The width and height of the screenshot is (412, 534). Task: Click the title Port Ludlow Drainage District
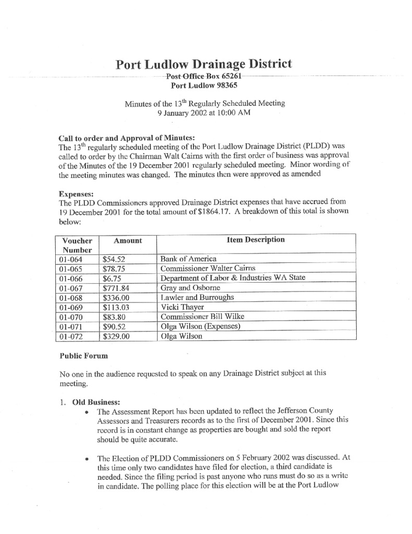(x=204, y=65)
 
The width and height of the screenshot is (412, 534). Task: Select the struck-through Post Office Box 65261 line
(x=204, y=76)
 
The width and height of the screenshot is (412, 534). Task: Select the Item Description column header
(x=256, y=240)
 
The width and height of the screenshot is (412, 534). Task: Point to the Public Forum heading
(x=84, y=356)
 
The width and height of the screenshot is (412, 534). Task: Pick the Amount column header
(x=128, y=240)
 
